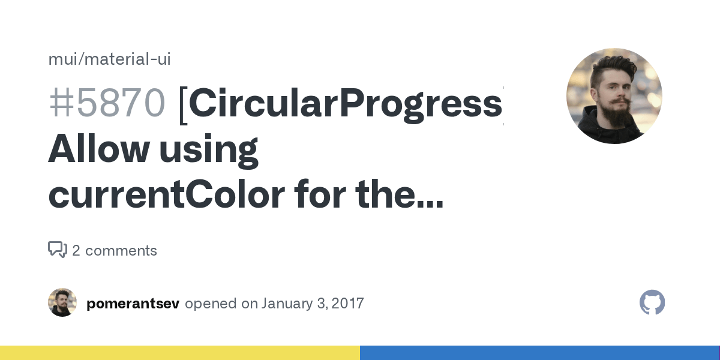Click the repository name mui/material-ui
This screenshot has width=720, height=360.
point(109,59)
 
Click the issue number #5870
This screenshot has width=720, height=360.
point(106,103)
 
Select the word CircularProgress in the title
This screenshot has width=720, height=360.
point(345,103)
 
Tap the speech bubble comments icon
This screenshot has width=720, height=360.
point(58,250)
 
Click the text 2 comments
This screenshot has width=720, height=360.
point(115,251)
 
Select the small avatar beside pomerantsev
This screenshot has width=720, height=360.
point(62,302)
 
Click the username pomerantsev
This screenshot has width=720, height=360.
point(133,303)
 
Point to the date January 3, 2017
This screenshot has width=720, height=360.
point(313,303)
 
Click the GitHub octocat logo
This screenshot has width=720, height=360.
point(652,302)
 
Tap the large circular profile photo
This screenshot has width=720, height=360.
point(614,96)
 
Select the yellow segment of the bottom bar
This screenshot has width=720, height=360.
point(180,353)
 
